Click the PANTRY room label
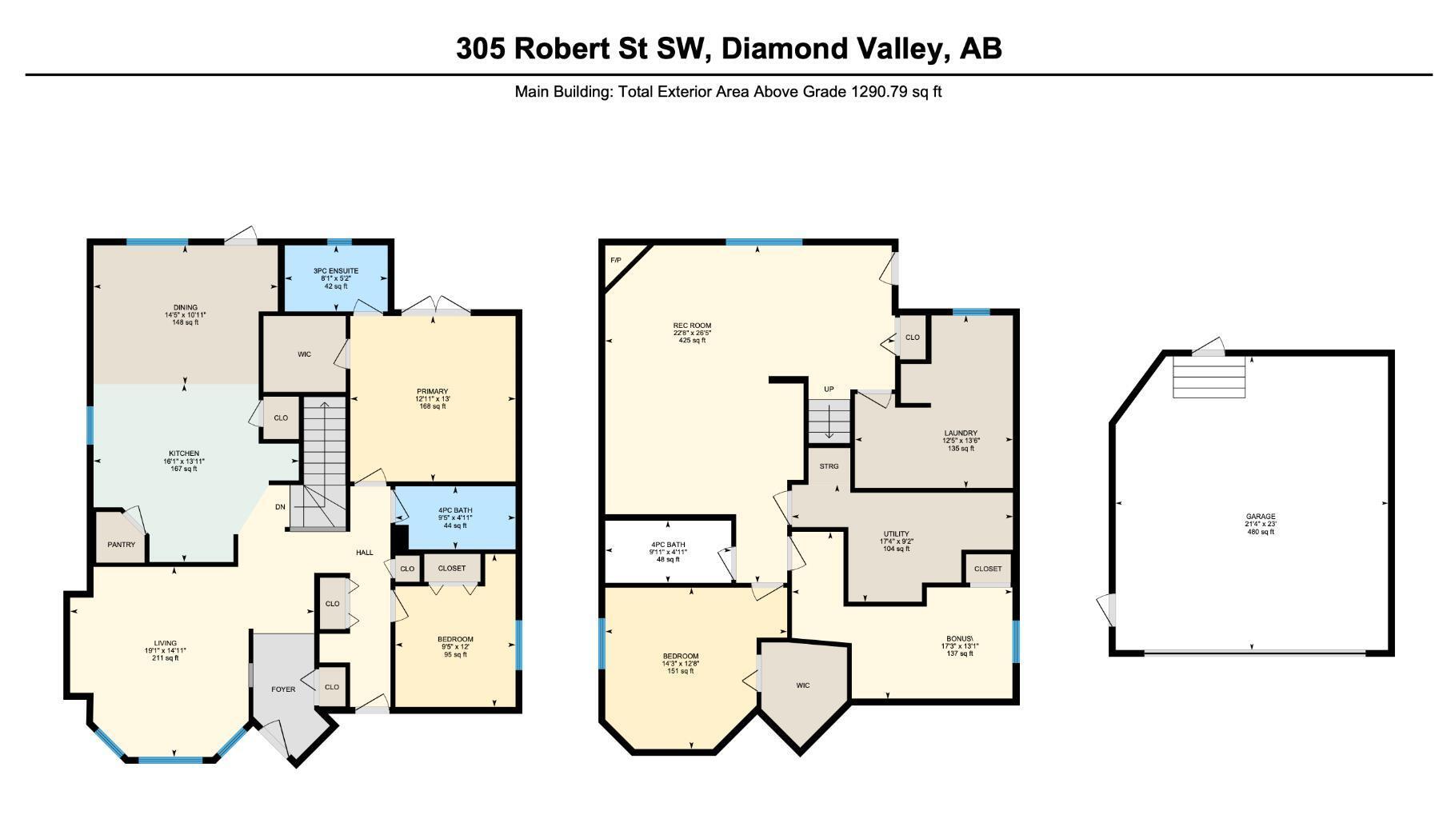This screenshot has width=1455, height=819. pyautogui.click(x=122, y=545)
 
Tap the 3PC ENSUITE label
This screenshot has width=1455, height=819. pyautogui.click(x=336, y=271)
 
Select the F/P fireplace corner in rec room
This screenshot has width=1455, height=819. pyautogui.click(x=616, y=261)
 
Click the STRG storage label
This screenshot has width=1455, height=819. pyautogui.click(x=829, y=466)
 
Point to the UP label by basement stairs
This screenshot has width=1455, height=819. pyautogui.click(x=829, y=390)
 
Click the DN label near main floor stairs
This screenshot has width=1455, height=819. pyautogui.click(x=280, y=507)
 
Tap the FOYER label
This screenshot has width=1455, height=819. pyautogui.click(x=283, y=689)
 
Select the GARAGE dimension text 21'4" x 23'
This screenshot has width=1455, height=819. pyautogui.click(x=1261, y=524)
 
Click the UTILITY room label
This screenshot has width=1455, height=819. pyautogui.click(x=896, y=533)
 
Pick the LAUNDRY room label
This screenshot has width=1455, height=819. pyautogui.click(x=961, y=433)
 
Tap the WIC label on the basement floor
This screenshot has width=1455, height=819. pyautogui.click(x=803, y=685)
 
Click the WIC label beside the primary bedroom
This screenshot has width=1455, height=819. pyautogui.click(x=304, y=354)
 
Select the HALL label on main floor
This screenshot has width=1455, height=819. pyautogui.click(x=365, y=553)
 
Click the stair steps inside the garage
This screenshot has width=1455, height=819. pyautogui.click(x=1209, y=377)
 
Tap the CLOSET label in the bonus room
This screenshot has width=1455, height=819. pyautogui.click(x=988, y=569)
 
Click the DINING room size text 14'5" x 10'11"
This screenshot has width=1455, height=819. pyautogui.click(x=185, y=315)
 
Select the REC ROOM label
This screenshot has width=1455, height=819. pyautogui.click(x=692, y=326)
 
